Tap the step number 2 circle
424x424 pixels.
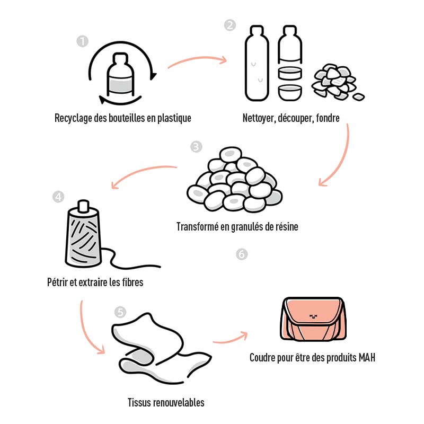click(x=229, y=25)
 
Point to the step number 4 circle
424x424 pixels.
click(x=58, y=197)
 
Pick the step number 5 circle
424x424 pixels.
click(x=121, y=312)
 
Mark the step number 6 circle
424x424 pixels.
click(x=241, y=255)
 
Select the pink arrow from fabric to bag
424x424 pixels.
click(x=229, y=338)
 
